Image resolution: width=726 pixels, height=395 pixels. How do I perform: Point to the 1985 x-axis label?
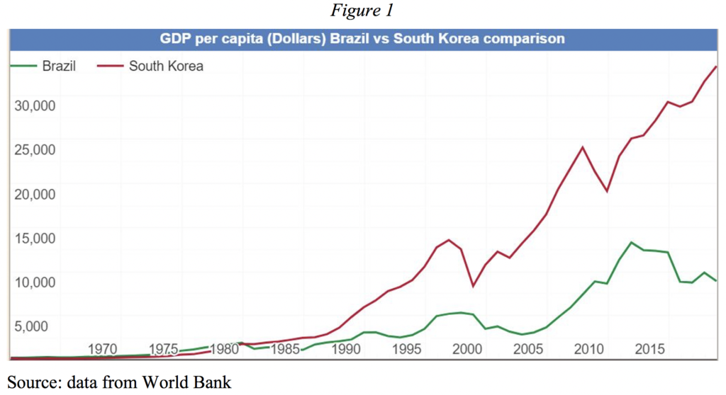click(x=285, y=349)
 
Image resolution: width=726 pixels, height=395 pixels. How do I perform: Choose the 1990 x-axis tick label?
click(x=346, y=349)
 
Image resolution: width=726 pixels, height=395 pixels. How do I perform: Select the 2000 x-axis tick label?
click(x=467, y=349)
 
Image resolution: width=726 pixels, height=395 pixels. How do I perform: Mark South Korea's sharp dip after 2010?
click(x=607, y=191)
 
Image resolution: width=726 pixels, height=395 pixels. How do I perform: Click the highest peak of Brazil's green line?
click(x=631, y=242)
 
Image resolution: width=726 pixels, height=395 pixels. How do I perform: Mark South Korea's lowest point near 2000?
click(x=473, y=286)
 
